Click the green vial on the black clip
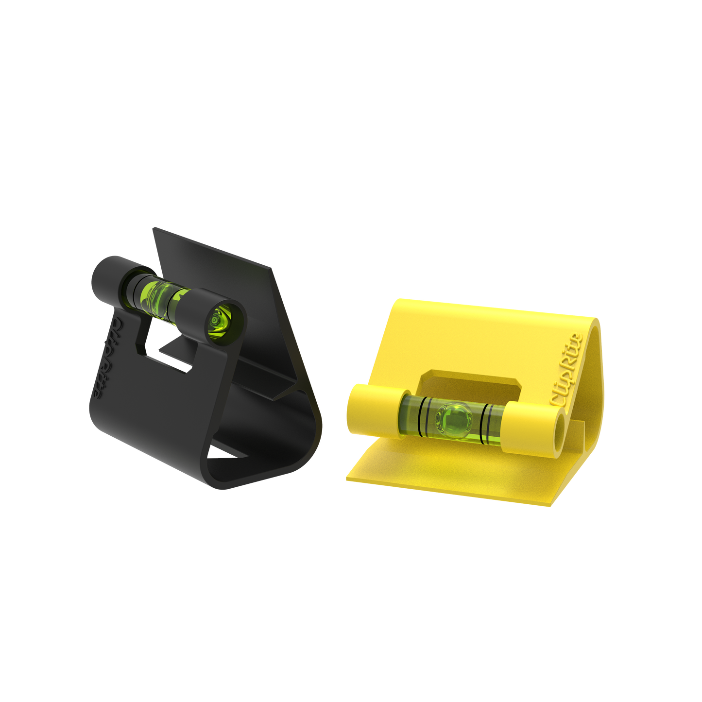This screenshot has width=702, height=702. tap(158, 295)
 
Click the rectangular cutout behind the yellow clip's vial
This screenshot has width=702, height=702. tap(466, 381)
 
